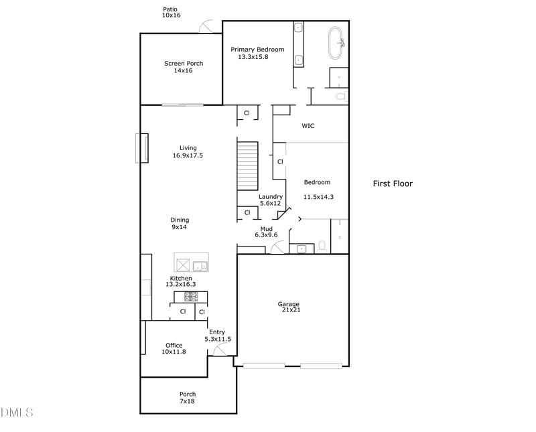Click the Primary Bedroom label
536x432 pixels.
click(257, 53)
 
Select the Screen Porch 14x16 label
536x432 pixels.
click(184, 67)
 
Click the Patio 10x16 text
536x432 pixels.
click(172, 12)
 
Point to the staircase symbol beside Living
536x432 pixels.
click(248, 165)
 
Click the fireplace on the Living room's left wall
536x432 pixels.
click(141, 148)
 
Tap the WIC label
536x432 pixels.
click(308, 125)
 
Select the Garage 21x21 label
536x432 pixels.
click(289, 307)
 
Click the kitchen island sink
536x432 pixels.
click(200, 266)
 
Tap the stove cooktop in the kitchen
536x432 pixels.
click(191, 296)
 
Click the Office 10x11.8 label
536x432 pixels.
click(174, 348)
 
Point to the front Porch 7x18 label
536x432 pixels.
click(188, 398)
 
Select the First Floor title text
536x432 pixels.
click(393, 184)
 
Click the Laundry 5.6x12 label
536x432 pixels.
click(271, 200)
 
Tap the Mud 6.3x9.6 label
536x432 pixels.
click(266, 232)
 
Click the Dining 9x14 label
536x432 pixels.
click(180, 224)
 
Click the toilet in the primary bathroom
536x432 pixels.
click(340, 96)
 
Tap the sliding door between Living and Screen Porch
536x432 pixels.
click(182, 104)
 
